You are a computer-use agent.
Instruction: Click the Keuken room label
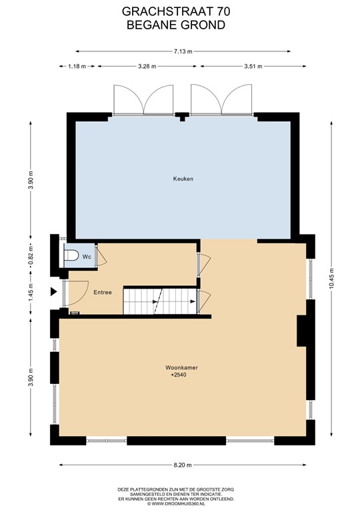[183, 179]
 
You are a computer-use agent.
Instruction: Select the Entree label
[102, 292]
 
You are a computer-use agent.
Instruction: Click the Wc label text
[86, 255]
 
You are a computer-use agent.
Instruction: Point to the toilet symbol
[71, 255]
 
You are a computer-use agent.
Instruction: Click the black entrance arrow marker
[53, 291]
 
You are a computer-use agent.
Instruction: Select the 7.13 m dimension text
[183, 51]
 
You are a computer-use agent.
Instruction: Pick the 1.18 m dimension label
[78, 66]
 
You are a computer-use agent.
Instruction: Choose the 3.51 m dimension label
[253, 66]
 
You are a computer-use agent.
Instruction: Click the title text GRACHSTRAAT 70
[180, 11]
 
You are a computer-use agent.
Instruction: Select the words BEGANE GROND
[180, 25]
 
